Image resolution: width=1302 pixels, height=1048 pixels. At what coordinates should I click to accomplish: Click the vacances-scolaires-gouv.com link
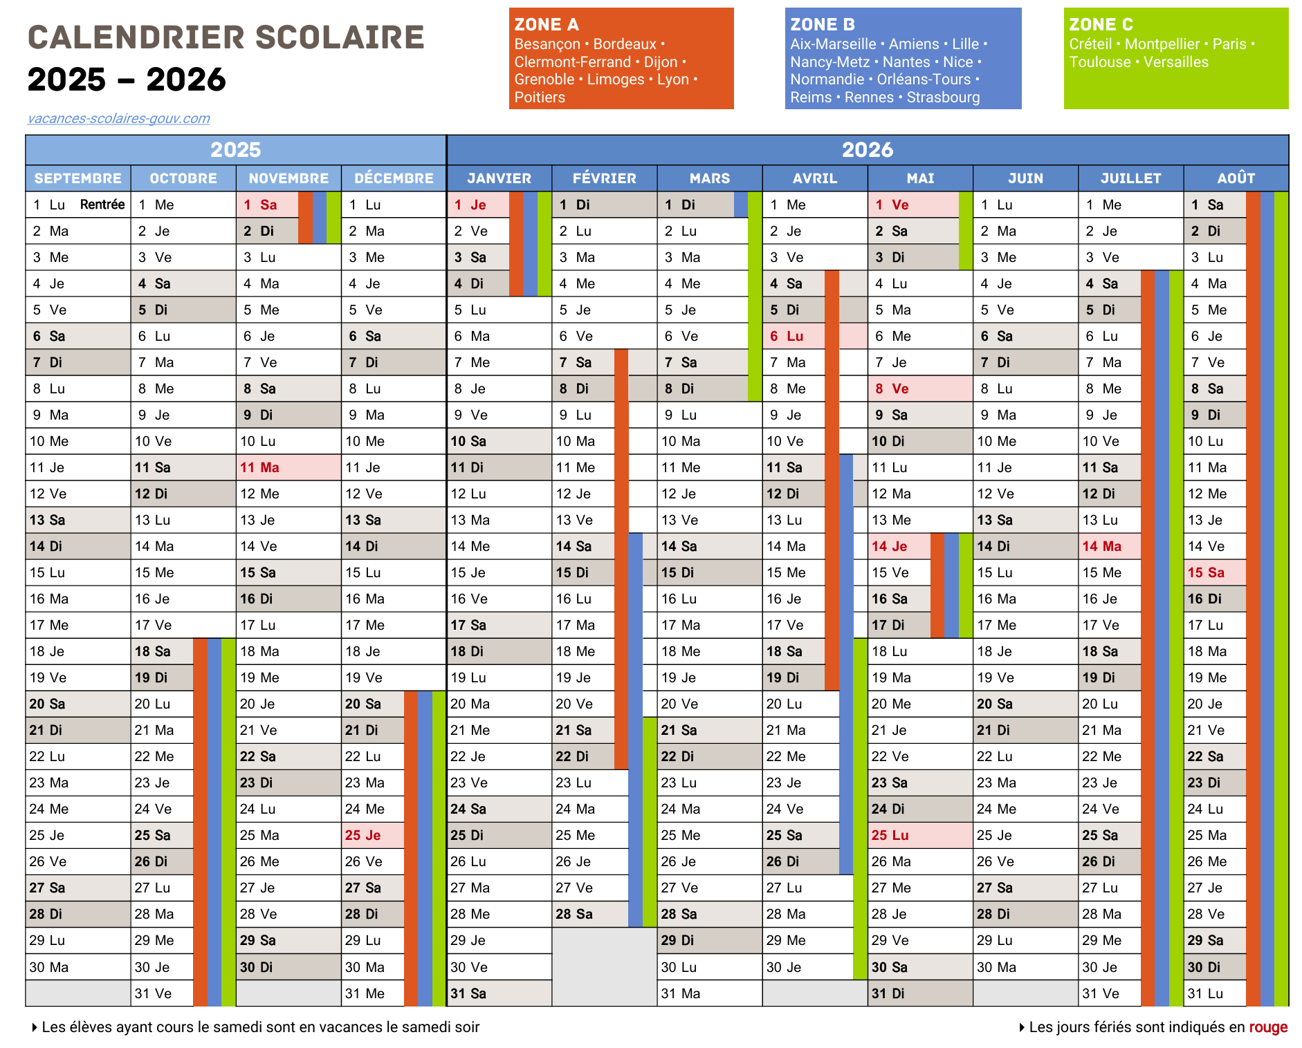tap(118, 118)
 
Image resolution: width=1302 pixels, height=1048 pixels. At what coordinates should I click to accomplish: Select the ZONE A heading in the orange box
tap(547, 25)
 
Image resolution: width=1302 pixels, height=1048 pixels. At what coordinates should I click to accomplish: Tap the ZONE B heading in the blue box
tap(823, 25)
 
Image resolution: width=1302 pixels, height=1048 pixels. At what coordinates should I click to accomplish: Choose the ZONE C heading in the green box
tap(1101, 25)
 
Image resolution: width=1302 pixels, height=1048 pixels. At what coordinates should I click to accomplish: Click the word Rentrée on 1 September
tap(102, 205)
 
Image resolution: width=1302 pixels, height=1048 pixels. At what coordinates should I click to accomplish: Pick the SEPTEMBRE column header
tap(78, 178)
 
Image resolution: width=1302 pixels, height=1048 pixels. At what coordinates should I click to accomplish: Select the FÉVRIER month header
tap(604, 178)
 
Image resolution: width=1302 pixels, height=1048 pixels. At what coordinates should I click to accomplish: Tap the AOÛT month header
tap(1236, 178)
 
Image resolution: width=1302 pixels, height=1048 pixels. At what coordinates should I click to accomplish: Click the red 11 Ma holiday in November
tap(260, 468)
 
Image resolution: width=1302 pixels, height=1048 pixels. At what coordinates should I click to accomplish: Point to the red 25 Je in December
tap(363, 836)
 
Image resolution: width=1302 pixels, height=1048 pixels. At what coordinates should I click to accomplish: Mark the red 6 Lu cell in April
tap(787, 337)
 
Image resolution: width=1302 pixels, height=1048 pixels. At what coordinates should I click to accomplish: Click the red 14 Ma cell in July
tap(1102, 547)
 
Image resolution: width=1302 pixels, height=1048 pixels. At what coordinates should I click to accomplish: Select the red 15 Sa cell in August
tap(1206, 573)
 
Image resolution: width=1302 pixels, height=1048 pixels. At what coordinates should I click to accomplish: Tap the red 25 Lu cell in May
tap(890, 836)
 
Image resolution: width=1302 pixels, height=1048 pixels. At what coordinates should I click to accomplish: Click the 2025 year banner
tap(236, 150)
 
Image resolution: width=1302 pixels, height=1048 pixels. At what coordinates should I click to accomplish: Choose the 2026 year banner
tap(868, 150)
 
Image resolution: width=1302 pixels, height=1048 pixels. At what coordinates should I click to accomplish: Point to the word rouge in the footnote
tap(1268, 1027)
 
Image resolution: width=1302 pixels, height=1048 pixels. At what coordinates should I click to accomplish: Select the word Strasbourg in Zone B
tap(943, 97)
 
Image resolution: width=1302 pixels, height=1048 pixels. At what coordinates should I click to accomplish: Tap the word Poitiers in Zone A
tap(540, 97)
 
